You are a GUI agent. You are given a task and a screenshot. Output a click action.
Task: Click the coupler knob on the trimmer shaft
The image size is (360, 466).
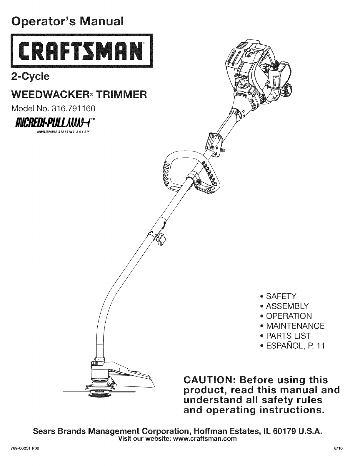coord(161,236)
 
